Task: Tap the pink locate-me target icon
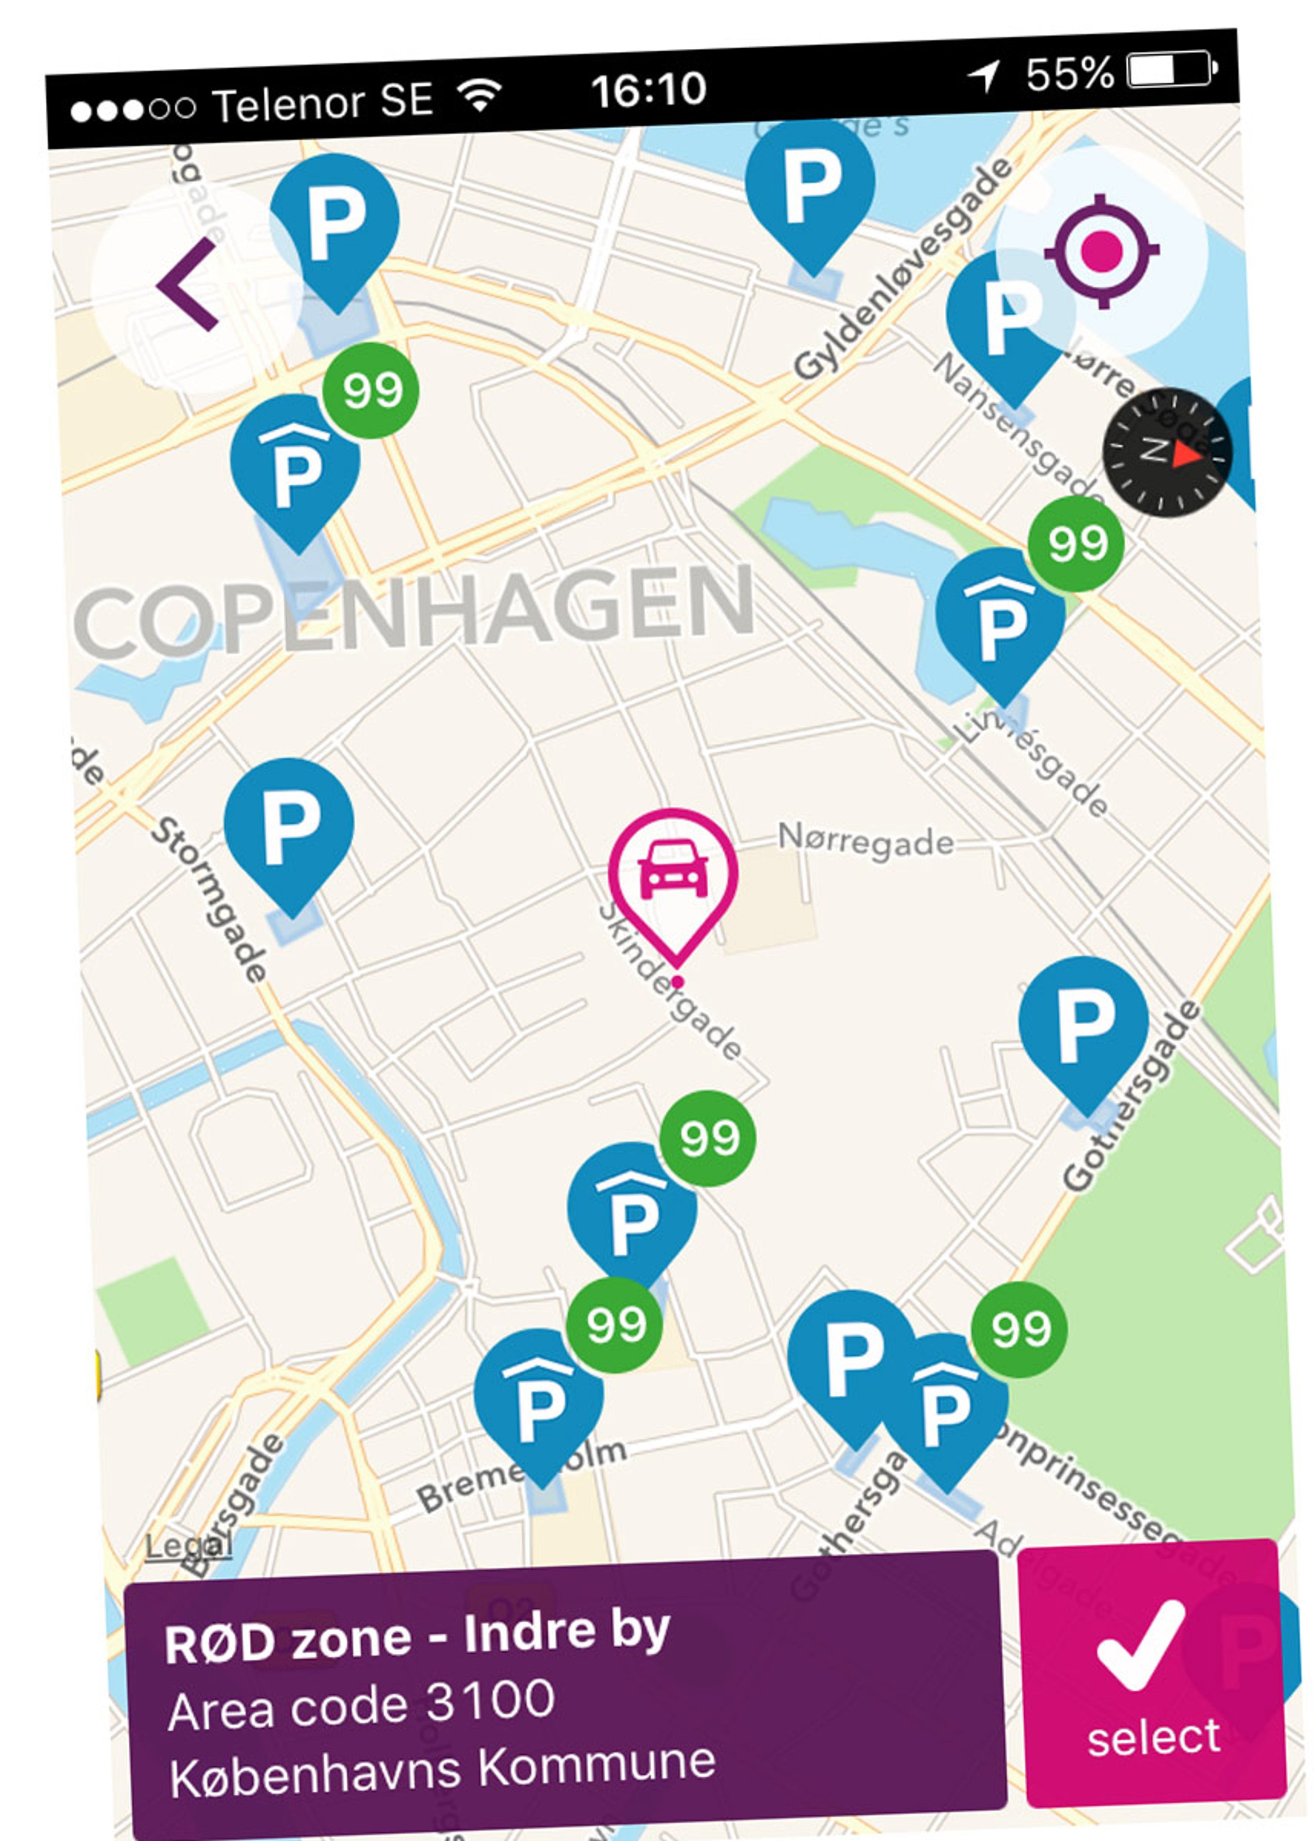1101,251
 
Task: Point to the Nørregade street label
865,840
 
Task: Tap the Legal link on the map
188,1544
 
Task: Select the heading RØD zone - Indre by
417,1638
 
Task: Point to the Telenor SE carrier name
322,103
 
